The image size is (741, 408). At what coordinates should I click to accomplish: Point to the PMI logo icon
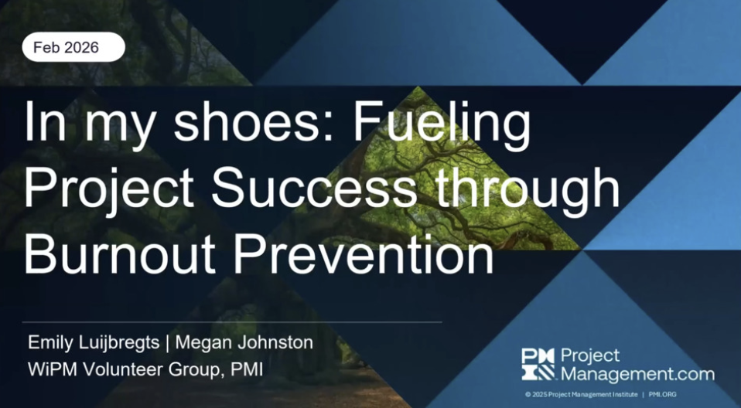pyautogui.click(x=538, y=364)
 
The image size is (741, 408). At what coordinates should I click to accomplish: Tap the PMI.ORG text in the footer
pyautogui.click(x=664, y=394)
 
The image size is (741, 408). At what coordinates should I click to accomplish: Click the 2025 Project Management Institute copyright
pyautogui.click(x=581, y=394)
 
